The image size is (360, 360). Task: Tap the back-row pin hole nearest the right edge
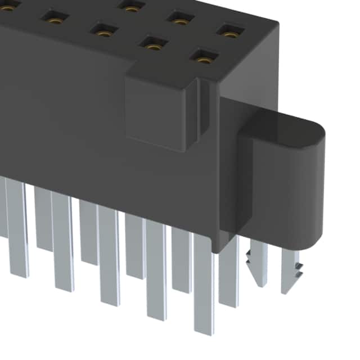click(x=229, y=33)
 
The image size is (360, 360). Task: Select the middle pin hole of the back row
click(x=180, y=21)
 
